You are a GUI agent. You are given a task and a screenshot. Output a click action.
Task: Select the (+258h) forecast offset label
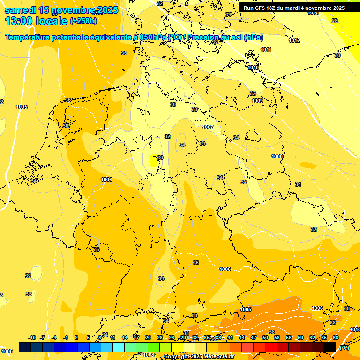(83, 21)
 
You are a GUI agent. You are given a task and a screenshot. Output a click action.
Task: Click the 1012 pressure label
(294, 41)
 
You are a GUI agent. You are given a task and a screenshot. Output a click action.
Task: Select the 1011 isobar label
(266, 50)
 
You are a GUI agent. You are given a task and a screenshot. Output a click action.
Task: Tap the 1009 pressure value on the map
(257, 101)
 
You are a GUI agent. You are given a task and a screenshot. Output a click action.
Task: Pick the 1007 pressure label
(208, 127)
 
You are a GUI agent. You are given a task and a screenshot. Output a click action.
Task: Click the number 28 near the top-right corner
(335, 21)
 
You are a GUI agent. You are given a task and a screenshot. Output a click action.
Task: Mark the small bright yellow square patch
(153, 162)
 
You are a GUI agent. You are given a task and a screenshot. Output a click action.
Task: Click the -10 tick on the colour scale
(32, 337)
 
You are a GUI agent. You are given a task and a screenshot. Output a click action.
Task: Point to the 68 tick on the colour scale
(336, 337)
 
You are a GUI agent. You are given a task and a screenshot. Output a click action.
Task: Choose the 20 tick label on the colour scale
(148, 337)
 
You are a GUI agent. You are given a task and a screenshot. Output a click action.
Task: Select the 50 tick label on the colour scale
(265, 337)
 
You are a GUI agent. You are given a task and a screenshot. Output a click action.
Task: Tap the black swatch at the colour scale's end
(330, 347)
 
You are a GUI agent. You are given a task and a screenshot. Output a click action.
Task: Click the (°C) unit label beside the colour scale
(344, 347)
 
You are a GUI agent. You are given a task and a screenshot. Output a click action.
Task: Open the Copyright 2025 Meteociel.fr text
(199, 356)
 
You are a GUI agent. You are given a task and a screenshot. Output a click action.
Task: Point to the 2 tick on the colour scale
(77, 337)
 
